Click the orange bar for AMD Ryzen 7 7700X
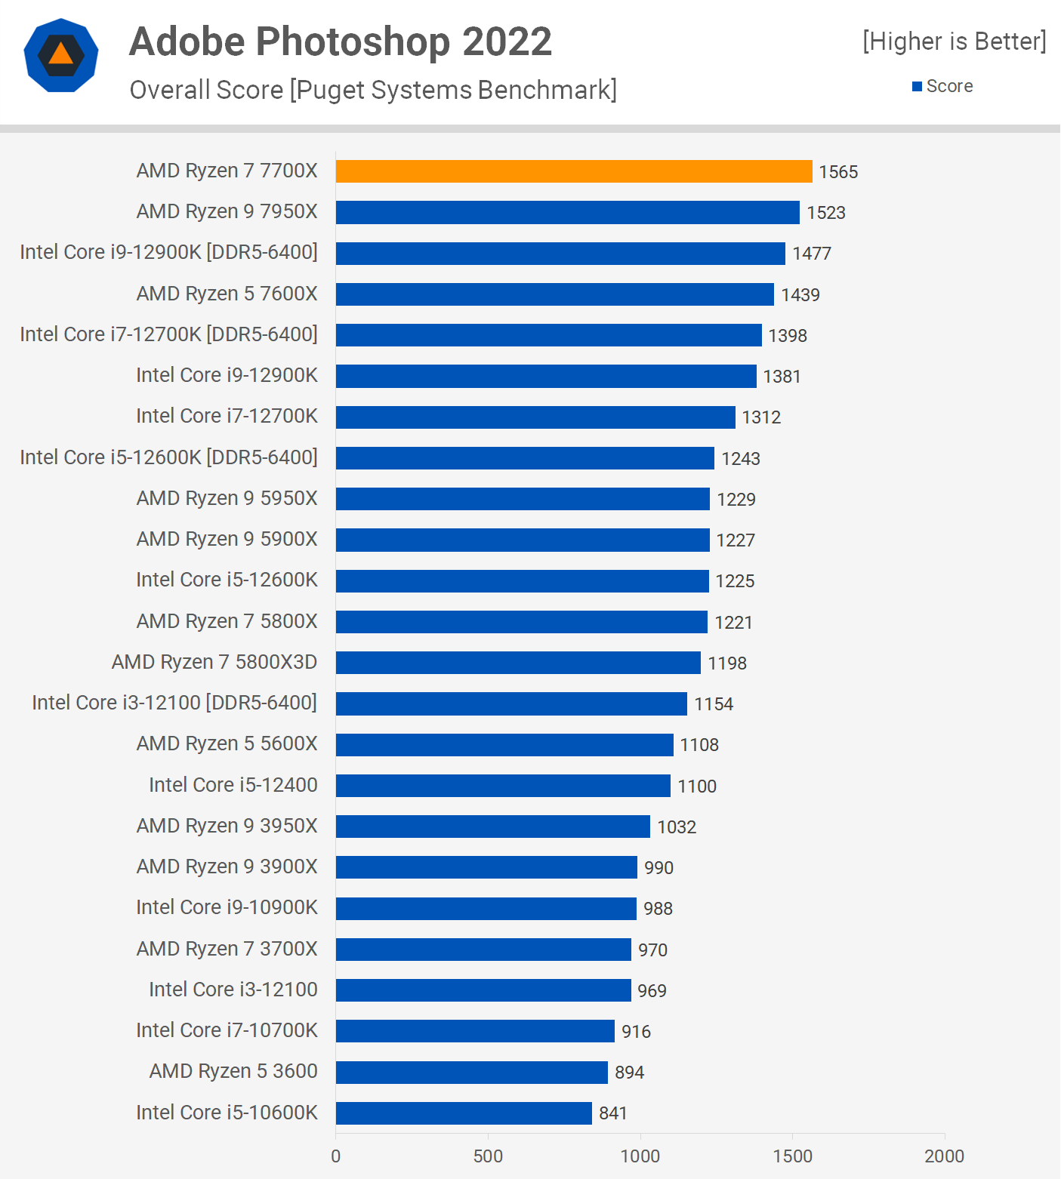(574, 171)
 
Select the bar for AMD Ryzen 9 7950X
(567, 212)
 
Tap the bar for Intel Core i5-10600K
(464, 1113)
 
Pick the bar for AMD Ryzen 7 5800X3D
(518, 663)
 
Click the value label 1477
(812, 254)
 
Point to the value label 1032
(677, 827)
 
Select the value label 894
(629, 1072)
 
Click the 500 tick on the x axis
(488, 1156)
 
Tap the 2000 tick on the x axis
(944, 1156)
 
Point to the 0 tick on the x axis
(336, 1156)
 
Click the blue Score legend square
(917, 86)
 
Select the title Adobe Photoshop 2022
(341, 42)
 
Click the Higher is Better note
(955, 41)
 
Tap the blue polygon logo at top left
(61, 55)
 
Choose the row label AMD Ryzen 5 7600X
(227, 294)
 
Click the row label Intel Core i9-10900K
(227, 907)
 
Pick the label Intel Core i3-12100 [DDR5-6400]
(174, 703)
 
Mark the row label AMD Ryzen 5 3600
(233, 1071)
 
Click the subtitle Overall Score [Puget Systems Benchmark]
(373, 90)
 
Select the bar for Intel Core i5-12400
(503, 786)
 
